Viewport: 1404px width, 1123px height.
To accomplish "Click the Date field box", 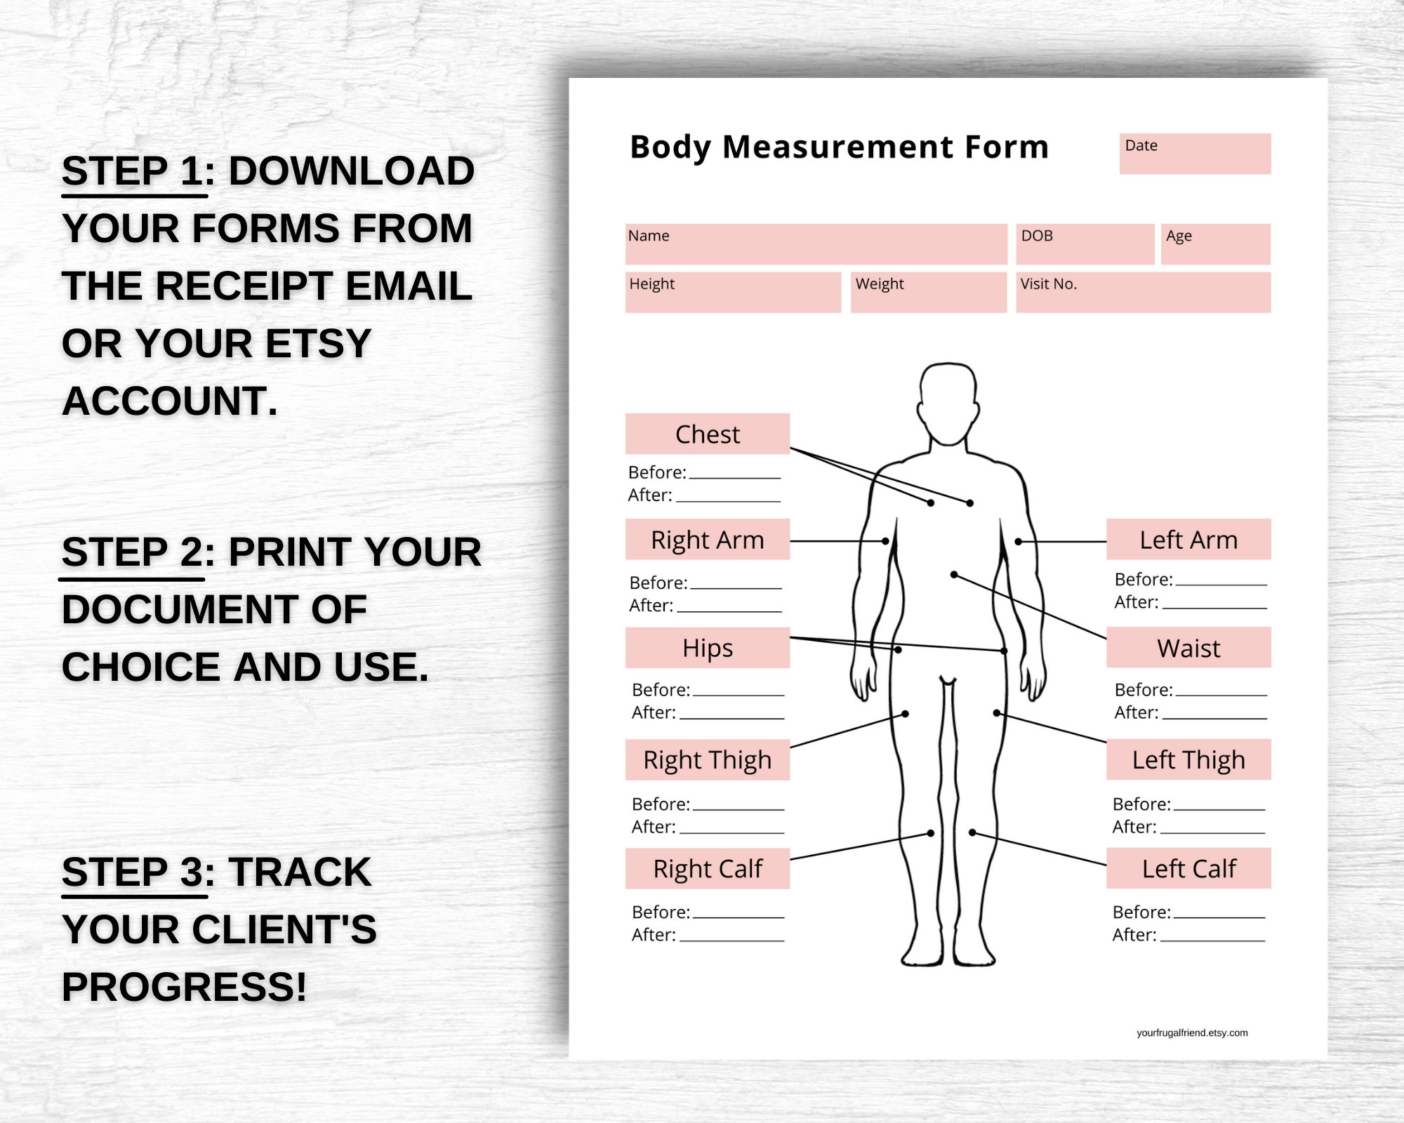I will click(1195, 154).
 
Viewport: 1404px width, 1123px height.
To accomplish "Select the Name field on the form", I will click(816, 244).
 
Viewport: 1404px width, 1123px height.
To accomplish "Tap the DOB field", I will click(1085, 244).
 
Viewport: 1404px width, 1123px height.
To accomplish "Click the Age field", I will click(1215, 244).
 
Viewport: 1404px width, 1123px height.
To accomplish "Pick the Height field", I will click(733, 292).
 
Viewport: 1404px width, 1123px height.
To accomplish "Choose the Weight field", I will click(928, 292).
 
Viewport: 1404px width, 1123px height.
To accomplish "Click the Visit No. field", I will click(1143, 292).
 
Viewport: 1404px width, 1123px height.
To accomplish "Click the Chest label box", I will click(708, 434).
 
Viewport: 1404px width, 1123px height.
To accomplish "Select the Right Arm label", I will click(708, 540).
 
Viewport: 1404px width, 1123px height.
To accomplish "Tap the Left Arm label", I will click(1188, 540).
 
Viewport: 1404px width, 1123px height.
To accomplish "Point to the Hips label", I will click(708, 648).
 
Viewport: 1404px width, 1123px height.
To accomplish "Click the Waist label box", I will click(1188, 648).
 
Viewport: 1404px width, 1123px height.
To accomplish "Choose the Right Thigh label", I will click(708, 760).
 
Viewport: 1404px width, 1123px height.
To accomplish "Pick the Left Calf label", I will click(1188, 869).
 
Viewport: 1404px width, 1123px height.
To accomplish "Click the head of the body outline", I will click(948, 404).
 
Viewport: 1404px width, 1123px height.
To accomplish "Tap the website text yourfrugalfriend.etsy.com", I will click(1192, 1032).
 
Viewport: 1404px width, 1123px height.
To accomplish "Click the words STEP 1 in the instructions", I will click(133, 171).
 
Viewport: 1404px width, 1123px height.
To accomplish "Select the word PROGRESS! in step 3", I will click(184, 987).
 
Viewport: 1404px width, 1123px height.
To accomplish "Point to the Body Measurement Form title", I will click(839, 147).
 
